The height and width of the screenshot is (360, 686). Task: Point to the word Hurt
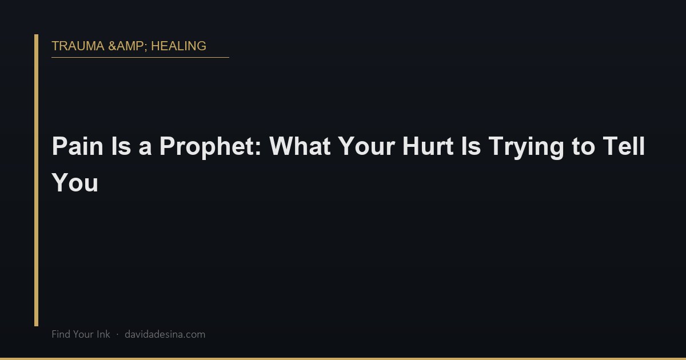pos(424,146)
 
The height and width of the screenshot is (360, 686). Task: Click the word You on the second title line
pos(75,183)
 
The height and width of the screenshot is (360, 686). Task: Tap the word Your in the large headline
pos(366,146)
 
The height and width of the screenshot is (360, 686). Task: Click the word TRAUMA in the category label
pos(78,46)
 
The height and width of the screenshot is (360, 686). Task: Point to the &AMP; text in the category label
pos(127,46)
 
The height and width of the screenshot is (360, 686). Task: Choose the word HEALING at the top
pos(178,46)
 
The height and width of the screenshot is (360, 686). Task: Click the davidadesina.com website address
pos(165,334)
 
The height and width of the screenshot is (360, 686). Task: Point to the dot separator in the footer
pos(117,334)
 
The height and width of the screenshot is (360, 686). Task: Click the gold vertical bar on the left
pos(36,180)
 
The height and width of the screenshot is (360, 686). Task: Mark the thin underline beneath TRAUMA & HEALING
pos(140,57)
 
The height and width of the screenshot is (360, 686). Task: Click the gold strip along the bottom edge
pos(343,358)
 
